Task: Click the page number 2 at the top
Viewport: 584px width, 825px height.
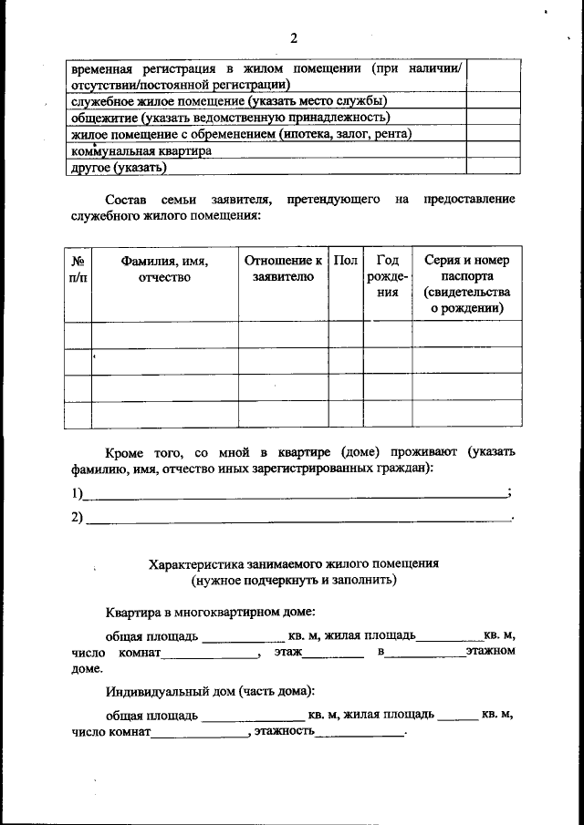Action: [x=293, y=37]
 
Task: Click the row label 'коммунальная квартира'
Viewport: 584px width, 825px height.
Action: [x=141, y=150]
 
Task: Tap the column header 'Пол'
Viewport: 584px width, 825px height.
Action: [x=345, y=261]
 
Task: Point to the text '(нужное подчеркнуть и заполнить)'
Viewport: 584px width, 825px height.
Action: [x=294, y=580]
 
